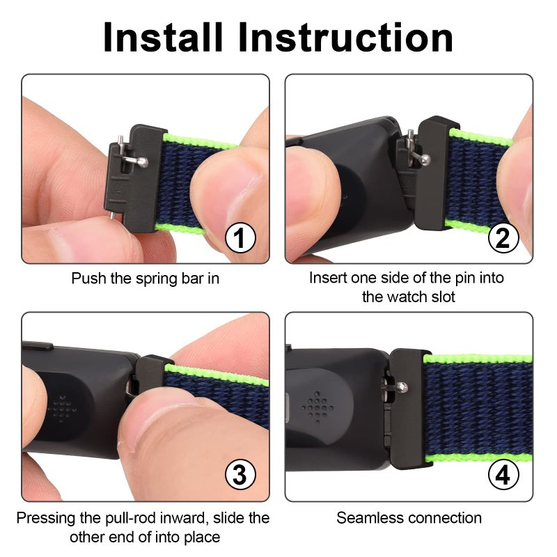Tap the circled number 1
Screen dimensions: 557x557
click(x=240, y=239)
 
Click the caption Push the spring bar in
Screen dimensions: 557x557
click(x=146, y=278)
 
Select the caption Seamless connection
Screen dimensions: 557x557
click(x=409, y=518)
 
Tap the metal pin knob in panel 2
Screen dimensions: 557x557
click(x=425, y=159)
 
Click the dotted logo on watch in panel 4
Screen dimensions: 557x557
click(x=318, y=407)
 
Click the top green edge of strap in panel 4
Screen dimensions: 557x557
click(x=480, y=359)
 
